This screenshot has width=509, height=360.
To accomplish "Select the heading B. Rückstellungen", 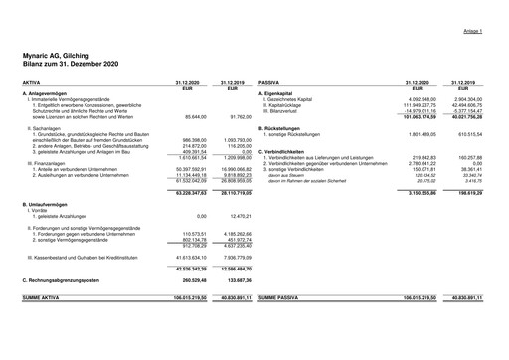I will pos(286,127).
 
